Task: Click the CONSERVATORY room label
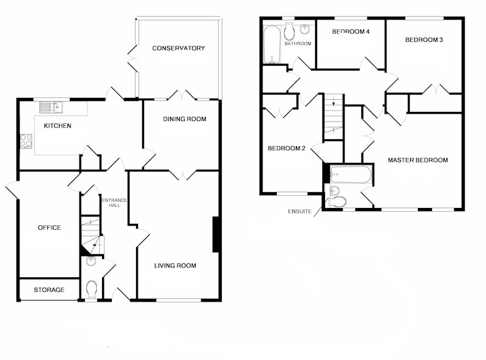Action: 179,48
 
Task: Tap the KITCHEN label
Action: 58,126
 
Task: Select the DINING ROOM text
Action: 185,119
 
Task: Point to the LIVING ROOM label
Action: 175,266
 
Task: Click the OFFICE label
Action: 49,228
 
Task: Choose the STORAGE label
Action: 49,290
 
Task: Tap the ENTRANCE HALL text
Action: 114,202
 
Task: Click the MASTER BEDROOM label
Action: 418,160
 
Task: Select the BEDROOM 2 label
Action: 286,148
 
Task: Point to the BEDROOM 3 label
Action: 424,40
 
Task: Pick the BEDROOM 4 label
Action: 351,32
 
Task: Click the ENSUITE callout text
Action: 299,212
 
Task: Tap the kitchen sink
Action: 51,108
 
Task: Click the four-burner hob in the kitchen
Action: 26,141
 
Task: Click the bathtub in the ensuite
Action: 351,175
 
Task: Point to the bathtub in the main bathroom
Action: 272,44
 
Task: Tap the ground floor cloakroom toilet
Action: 92,289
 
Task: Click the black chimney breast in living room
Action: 216,234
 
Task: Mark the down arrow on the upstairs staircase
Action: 334,101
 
